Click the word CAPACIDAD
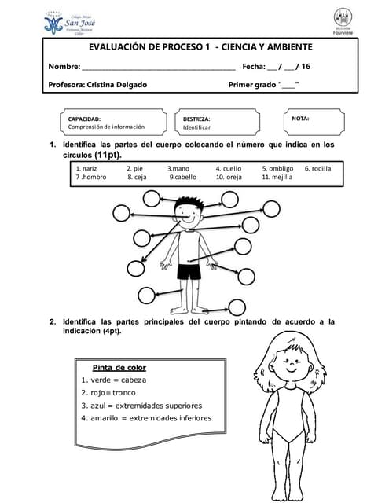[84, 119]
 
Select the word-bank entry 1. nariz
[86, 169]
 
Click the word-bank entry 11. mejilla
[277, 178]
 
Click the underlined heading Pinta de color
[119, 367]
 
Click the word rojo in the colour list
[97, 393]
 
